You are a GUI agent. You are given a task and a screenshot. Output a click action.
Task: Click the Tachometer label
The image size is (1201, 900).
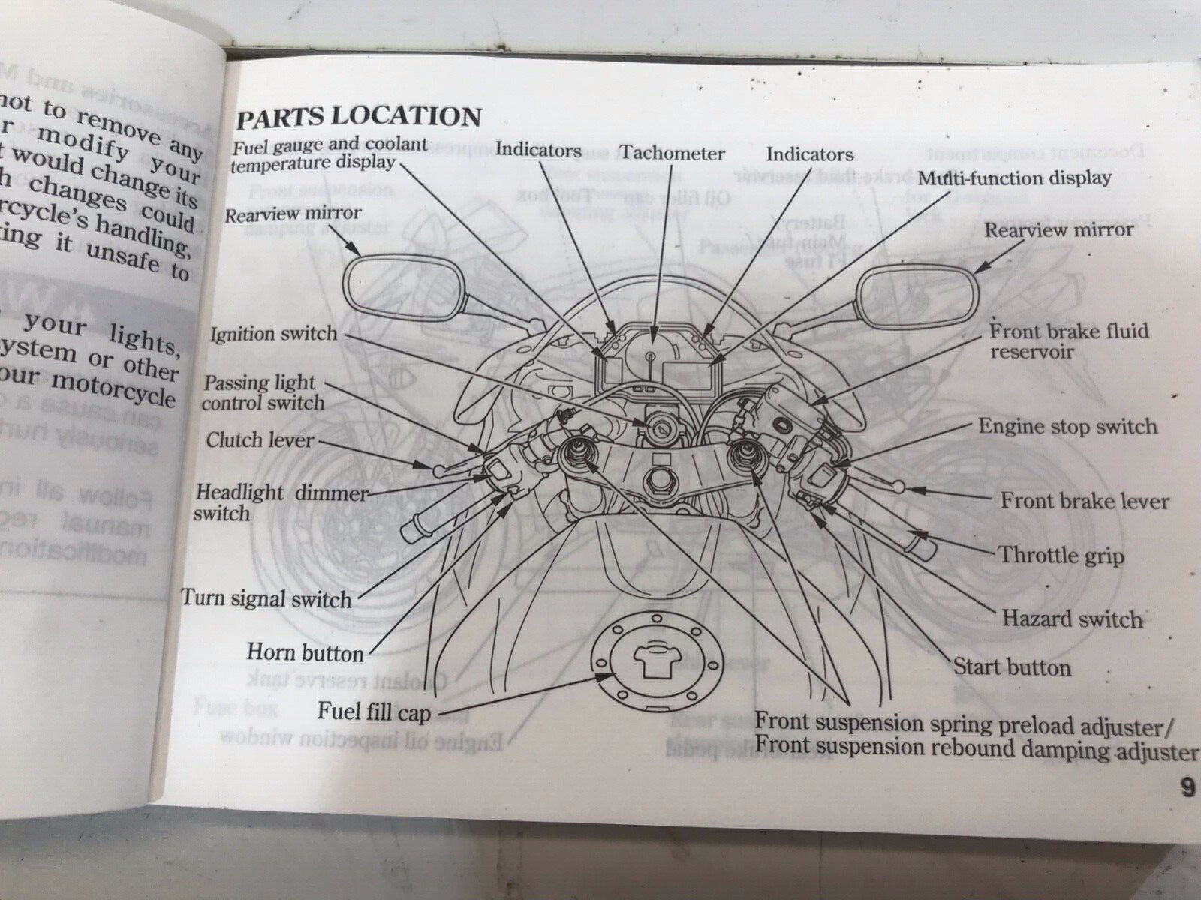tap(673, 154)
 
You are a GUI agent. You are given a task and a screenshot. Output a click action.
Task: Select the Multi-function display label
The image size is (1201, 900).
tap(1015, 178)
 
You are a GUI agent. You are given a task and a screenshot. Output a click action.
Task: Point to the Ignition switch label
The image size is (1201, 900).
tap(273, 334)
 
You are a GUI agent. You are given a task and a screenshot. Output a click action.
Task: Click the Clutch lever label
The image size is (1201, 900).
tap(260, 439)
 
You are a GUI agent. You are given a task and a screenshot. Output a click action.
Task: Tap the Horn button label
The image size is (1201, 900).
tap(305, 653)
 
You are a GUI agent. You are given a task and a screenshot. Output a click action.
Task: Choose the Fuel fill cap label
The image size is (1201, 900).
tap(374, 711)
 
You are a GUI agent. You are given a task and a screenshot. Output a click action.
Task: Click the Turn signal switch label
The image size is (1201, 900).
tap(266, 599)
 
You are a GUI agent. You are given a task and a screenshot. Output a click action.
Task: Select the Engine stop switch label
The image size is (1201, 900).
tap(1068, 427)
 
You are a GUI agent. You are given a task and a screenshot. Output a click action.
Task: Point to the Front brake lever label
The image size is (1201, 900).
tap(1085, 501)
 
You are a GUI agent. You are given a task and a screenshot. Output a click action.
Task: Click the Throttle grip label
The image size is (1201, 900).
tap(1061, 556)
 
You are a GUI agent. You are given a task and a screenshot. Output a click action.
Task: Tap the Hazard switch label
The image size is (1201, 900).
tap(1072, 619)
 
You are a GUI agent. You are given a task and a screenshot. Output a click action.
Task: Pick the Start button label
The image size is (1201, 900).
tap(1012, 667)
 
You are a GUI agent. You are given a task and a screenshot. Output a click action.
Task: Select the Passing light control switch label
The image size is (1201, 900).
tap(264, 392)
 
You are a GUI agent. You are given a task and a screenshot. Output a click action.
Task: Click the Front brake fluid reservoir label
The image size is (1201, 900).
tap(1069, 341)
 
